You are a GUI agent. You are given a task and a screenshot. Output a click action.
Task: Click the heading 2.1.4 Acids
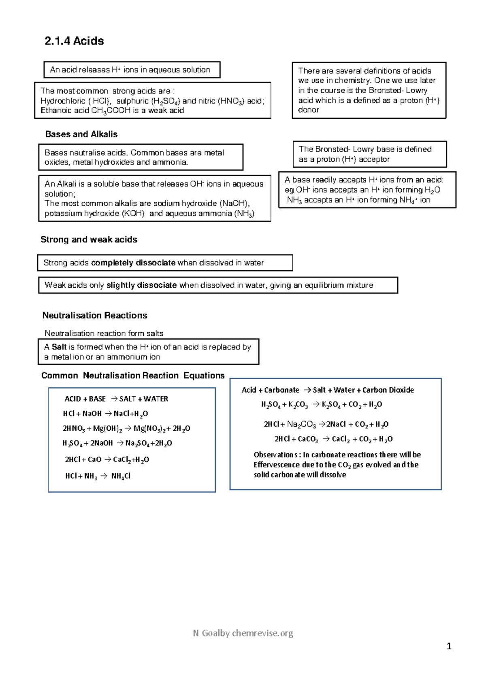(x=74, y=41)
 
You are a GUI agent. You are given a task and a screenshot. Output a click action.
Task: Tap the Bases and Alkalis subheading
(x=81, y=134)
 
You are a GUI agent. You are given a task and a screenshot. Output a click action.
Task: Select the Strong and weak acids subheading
(x=89, y=239)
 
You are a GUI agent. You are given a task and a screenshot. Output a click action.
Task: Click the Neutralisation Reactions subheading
(x=95, y=315)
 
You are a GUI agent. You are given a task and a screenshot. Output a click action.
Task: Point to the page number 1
(x=449, y=646)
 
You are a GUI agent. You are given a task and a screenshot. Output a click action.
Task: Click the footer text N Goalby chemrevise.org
(x=243, y=633)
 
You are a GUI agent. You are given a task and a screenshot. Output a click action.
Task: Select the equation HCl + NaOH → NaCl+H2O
(x=105, y=414)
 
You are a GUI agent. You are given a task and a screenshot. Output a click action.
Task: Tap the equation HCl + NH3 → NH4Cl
(x=98, y=476)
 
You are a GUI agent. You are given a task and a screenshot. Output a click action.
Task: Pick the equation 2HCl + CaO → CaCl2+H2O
(x=107, y=459)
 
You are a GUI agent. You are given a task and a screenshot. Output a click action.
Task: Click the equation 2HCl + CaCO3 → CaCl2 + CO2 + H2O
(x=333, y=439)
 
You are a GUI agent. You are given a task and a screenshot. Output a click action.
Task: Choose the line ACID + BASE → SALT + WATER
(x=116, y=399)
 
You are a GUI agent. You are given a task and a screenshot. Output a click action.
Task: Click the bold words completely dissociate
(x=133, y=263)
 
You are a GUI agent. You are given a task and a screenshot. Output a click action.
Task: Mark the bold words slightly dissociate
(x=141, y=285)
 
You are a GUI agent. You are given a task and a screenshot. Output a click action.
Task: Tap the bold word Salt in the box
(x=59, y=347)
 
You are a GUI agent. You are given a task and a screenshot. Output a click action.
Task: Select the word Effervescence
(x=277, y=465)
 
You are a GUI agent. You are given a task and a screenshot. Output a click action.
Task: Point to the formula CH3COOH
(x=111, y=111)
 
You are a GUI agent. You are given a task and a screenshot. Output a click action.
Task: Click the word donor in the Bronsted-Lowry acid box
(x=308, y=110)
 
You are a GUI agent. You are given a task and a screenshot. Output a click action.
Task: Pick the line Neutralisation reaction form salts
(x=104, y=333)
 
